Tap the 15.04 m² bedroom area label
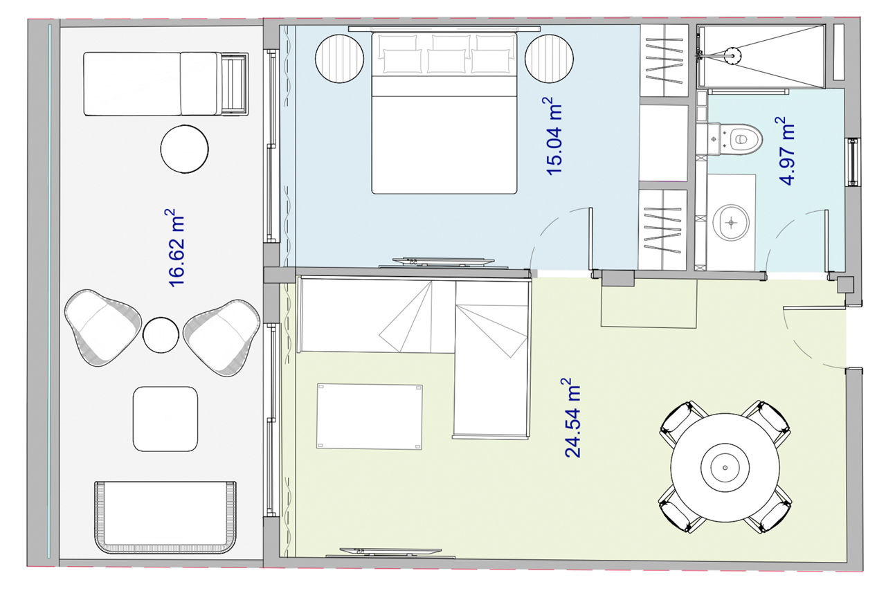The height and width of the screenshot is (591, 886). (x=552, y=136)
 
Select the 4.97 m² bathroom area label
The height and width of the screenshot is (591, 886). (x=785, y=151)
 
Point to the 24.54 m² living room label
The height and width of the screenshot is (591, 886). (x=571, y=418)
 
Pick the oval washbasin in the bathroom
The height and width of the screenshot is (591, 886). (x=731, y=223)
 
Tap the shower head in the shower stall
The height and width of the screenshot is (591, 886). (x=732, y=54)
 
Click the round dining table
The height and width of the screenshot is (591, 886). (x=725, y=468)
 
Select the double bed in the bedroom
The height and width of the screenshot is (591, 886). (x=444, y=113)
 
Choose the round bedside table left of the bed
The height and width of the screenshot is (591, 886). (x=339, y=59)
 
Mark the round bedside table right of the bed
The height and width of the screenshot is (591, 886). (x=550, y=59)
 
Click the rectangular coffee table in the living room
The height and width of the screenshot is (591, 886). (x=370, y=417)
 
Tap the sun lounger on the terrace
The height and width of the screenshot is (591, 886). (x=165, y=84)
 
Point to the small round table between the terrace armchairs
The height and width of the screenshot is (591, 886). (x=161, y=335)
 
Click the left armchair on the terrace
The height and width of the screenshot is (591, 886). (x=103, y=327)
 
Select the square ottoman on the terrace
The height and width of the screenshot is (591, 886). (x=165, y=419)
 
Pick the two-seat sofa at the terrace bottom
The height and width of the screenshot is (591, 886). (x=165, y=518)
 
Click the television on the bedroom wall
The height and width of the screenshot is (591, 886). (x=444, y=263)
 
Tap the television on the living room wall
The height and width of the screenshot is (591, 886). (x=390, y=553)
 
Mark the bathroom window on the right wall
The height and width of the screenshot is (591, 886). (x=852, y=162)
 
